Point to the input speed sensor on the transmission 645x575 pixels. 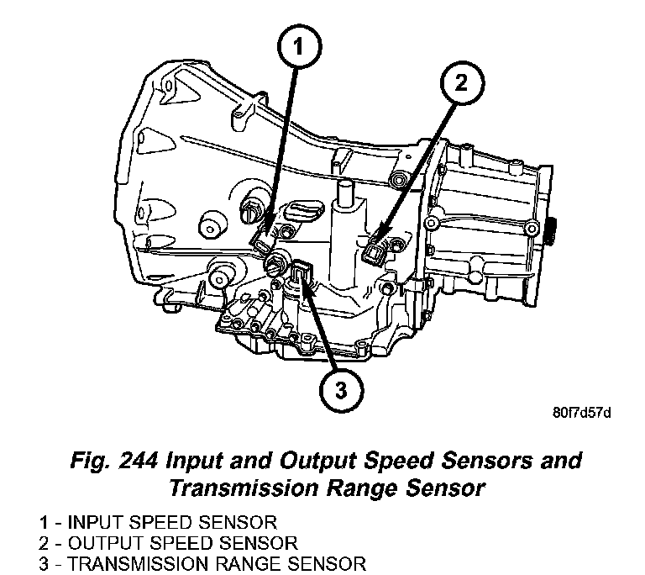(263, 242)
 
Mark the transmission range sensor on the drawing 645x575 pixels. (302, 273)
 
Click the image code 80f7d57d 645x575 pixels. (580, 413)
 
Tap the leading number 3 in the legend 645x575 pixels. (42, 562)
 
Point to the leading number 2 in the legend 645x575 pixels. (42, 542)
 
